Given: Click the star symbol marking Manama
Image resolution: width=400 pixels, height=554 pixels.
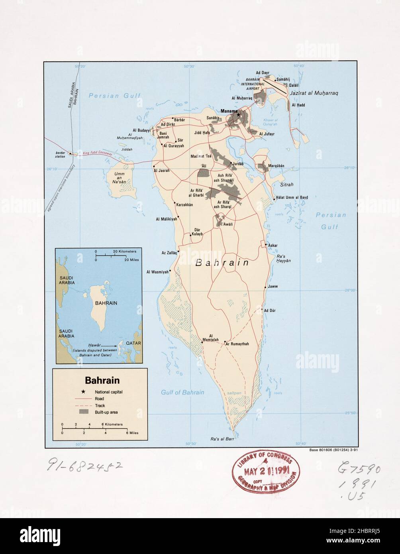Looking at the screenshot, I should pos(238,115).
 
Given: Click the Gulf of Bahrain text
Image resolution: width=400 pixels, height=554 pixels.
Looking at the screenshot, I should pos(182,392).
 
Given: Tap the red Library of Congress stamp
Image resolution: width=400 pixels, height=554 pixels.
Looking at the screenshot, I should pos(266,473).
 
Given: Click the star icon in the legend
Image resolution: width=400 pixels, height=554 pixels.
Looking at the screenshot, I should pos(83,391).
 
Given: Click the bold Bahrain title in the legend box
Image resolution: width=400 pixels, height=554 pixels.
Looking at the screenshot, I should pos(102,380).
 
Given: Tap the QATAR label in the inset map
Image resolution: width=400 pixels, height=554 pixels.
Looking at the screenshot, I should pos(133,343).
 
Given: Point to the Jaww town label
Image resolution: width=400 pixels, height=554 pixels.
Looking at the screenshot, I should pos(273,287).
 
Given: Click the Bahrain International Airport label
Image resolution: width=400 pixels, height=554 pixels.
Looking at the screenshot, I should pos(255,84).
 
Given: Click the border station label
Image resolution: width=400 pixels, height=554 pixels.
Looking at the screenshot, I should pos(61,155).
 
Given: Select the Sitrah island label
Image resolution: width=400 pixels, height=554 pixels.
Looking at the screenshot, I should pos(286,185).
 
